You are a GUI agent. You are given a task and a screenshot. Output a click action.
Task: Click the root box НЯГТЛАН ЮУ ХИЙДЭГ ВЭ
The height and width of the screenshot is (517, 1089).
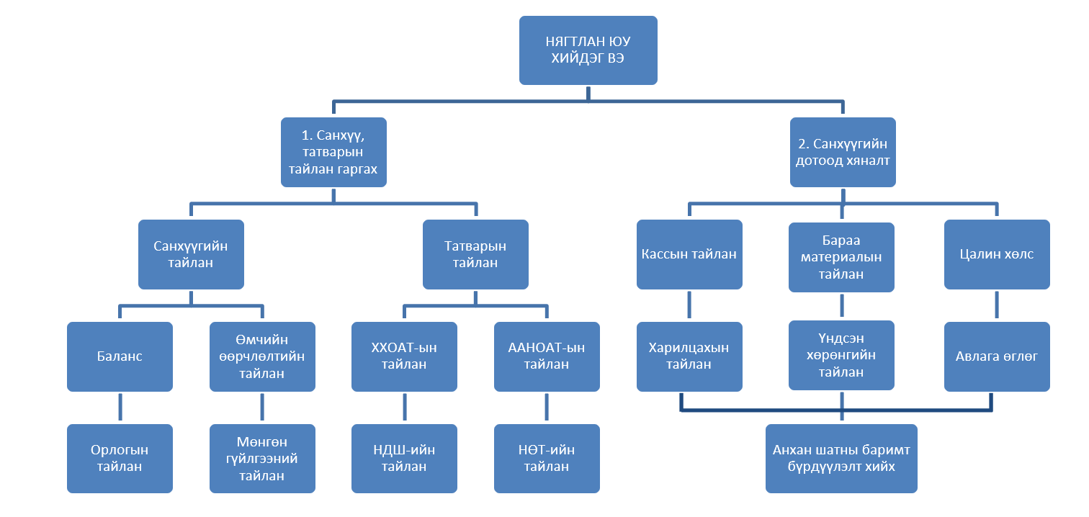(588, 50)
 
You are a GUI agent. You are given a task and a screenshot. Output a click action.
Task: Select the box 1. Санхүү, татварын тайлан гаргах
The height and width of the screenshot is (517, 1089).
(333, 153)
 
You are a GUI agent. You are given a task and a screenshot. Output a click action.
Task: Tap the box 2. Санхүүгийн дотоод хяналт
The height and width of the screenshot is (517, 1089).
(843, 153)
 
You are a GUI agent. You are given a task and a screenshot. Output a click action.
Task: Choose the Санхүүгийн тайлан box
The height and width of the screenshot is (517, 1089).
(191, 254)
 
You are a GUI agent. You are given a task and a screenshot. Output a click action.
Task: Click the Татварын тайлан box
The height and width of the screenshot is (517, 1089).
(475, 254)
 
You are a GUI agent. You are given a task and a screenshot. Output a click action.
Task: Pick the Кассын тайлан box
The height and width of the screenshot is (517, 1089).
(689, 254)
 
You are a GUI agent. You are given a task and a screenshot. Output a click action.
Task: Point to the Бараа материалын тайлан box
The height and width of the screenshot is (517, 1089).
(841, 257)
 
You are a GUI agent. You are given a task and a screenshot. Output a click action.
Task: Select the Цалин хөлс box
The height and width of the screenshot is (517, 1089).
(997, 254)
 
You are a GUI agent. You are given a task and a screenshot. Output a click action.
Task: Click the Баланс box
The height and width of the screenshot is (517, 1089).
(120, 356)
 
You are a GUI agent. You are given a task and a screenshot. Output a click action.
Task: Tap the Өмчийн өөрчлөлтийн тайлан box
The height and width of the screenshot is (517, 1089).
(262, 356)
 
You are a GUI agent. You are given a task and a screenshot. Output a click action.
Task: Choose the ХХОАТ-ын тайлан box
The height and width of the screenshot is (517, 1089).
(404, 356)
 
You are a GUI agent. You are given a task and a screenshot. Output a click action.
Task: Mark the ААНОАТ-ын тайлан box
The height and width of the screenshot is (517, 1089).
(547, 356)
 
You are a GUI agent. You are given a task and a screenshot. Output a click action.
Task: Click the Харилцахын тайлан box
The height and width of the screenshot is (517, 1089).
(689, 356)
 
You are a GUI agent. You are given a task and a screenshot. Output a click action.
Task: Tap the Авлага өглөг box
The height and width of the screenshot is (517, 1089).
(997, 356)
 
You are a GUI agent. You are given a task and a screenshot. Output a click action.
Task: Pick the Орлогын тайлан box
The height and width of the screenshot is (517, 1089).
(120, 459)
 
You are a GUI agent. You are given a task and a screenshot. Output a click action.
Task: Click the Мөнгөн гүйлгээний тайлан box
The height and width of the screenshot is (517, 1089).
(262, 459)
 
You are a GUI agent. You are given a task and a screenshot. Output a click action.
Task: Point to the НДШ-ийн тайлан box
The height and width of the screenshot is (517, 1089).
(404, 459)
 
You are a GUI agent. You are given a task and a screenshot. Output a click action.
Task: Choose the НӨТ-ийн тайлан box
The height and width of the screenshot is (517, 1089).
(547, 459)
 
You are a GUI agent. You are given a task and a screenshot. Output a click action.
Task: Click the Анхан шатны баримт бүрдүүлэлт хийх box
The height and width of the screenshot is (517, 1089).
(841, 459)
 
